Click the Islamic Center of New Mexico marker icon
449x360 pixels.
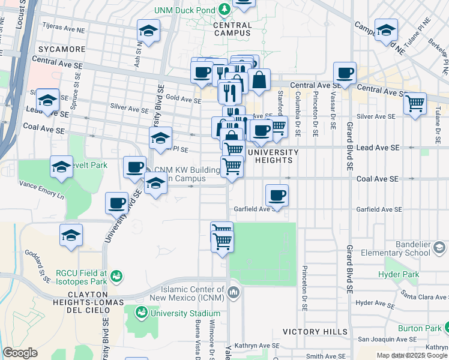click(234, 292)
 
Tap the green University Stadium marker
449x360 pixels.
click(142, 313)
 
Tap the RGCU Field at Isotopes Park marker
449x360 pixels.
click(116, 276)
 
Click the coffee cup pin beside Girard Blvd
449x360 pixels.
click(345, 73)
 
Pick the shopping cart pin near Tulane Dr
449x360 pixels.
click(415, 104)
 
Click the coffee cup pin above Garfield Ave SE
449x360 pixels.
click(277, 195)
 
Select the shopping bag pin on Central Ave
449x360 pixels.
click(259, 79)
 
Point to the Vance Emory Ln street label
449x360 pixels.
click(41, 190)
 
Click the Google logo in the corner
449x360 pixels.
click(20, 353)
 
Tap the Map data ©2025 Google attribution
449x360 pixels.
click(412, 355)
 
